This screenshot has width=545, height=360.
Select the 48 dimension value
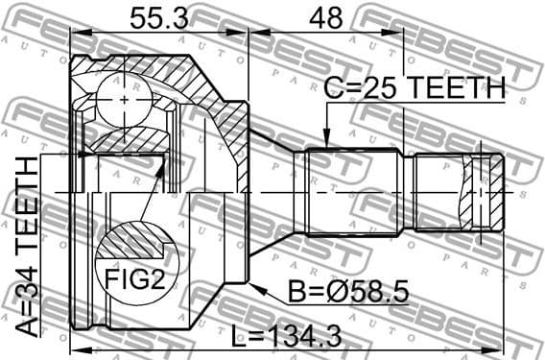pyautogui.click(x=325, y=17)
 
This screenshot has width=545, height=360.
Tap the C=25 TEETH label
pyautogui.click(x=414, y=88)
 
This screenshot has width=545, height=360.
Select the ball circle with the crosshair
pyautogui.click(x=126, y=99)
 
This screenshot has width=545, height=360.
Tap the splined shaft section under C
pyautogui.click(x=351, y=192)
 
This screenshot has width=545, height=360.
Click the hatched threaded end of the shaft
pyautogui.click(x=481, y=192)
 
